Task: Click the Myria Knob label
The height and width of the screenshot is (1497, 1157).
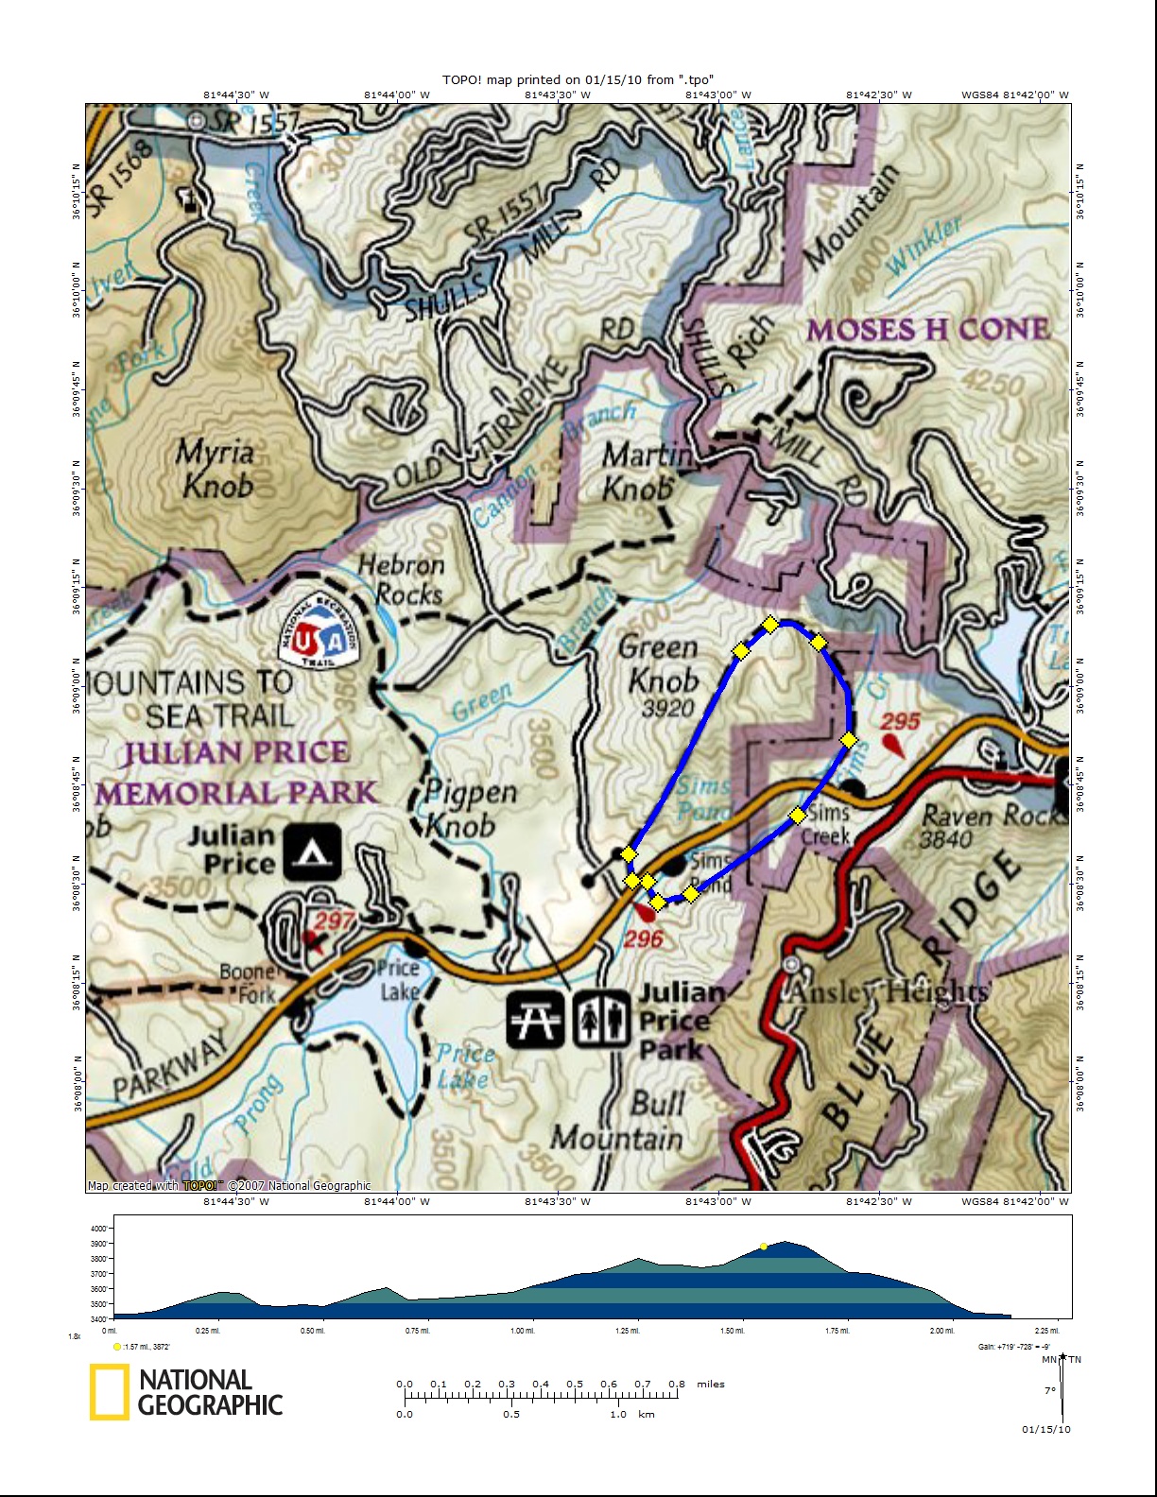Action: [216, 469]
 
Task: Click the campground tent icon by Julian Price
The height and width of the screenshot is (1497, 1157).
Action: [312, 852]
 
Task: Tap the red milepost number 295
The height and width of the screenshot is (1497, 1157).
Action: [900, 721]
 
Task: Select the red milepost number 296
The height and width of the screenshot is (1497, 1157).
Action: [643, 938]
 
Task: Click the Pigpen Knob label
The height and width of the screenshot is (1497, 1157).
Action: [470, 809]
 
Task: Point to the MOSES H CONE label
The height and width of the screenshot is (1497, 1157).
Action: [927, 330]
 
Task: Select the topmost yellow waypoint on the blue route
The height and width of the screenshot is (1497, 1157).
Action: [770, 624]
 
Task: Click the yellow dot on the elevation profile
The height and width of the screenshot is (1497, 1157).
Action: [764, 1247]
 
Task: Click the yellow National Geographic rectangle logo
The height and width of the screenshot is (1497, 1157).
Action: [110, 1392]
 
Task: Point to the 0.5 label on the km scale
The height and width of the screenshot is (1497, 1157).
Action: [511, 1415]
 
